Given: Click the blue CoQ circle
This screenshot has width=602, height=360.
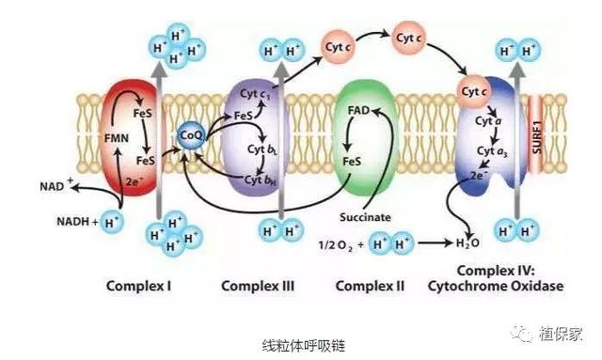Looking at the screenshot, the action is click(x=191, y=135).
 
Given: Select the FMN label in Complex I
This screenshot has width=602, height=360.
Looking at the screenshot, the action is click(x=117, y=138).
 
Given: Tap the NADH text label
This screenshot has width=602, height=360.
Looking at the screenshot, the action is click(x=73, y=222).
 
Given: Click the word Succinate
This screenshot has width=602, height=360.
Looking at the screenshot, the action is click(x=365, y=217).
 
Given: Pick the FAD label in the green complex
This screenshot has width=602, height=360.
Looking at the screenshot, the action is click(x=358, y=111).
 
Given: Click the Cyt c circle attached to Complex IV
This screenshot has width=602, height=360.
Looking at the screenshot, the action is click(x=474, y=92).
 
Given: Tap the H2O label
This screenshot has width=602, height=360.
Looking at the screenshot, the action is click(x=467, y=243).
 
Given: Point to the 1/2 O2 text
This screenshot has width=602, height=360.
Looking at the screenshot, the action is click(x=336, y=245).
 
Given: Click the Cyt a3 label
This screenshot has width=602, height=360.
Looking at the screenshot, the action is click(x=492, y=151).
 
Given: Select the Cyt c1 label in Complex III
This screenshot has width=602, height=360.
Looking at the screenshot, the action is click(x=255, y=94).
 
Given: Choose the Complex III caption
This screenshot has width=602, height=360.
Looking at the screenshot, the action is click(x=258, y=286).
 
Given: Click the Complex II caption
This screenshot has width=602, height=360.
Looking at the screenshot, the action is click(x=370, y=286).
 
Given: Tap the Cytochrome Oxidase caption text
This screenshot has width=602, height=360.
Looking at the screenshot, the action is click(x=496, y=286).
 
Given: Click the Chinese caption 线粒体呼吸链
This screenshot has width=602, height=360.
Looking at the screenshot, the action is click(x=304, y=345).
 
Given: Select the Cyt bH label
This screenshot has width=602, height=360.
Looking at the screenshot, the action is click(x=261, y=180).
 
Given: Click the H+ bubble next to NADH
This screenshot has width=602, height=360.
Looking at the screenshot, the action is click(x=112, y=222).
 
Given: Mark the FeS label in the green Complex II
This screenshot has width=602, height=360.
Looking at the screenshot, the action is click(x=352, y=162).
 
